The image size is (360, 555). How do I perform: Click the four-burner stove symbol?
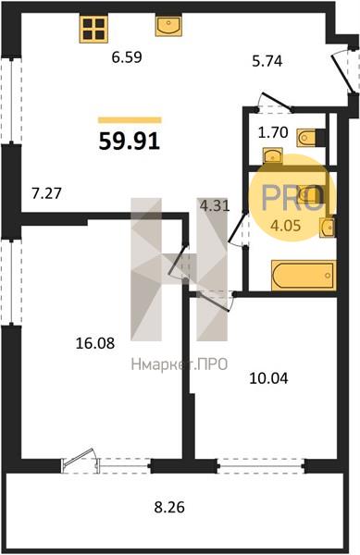coord(93,29)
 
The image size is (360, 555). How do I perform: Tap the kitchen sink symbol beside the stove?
coord(168,26)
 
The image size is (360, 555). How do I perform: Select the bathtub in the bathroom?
coord(303,276)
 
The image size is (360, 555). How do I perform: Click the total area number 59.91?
coord(130,142)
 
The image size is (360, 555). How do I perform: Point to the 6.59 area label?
coord(127,57)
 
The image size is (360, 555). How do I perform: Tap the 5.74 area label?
coord(267,61)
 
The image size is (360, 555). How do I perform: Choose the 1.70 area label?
coord(273,132)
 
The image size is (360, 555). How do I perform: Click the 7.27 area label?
coord(46,193)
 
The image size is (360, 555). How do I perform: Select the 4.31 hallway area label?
coord(215,205)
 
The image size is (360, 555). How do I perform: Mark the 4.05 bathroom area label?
coord(285,225)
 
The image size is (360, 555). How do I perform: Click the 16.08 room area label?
coord(95,343)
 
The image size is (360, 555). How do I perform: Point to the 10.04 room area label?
coord(268,378)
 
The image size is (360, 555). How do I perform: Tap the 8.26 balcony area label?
coord(169,508)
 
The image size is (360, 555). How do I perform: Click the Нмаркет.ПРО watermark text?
coord(180,364)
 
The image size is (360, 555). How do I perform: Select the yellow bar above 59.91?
coord(130,120)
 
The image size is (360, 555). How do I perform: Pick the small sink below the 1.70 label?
coord(273,155)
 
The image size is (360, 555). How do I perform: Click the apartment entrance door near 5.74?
coord(344,71)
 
